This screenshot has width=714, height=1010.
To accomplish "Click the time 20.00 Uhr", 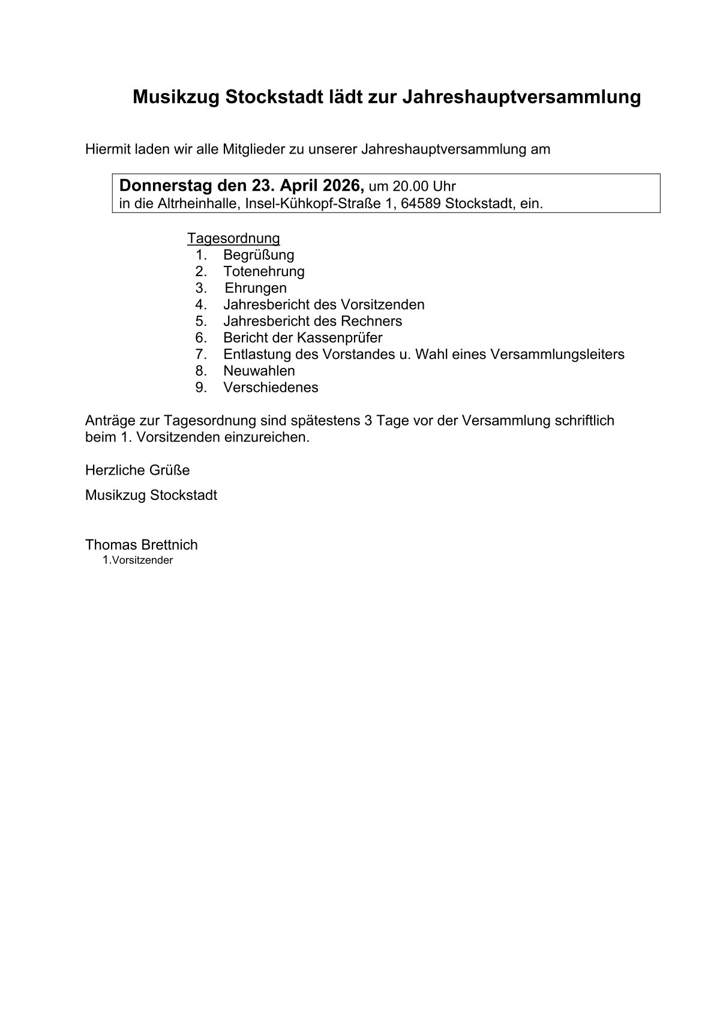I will tap(424, 186).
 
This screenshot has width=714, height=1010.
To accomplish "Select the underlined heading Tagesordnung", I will tap(233, 238).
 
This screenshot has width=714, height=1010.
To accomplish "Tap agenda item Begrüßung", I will tap(259, 255).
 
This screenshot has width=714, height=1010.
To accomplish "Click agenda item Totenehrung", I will tap(264, 271).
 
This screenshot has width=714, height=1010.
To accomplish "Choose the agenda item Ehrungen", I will tap(256, 288).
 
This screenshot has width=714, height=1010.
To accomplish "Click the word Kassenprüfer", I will tap(340, 337).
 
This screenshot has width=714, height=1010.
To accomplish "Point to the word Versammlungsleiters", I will tap(557, 354).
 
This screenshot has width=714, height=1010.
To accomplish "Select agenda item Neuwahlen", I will tap(259, 371).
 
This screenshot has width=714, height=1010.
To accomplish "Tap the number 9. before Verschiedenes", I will tap(201, 388).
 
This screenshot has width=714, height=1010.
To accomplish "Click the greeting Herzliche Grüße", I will tap(137, 470).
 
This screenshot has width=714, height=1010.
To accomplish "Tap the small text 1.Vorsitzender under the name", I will tap(137, 561).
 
